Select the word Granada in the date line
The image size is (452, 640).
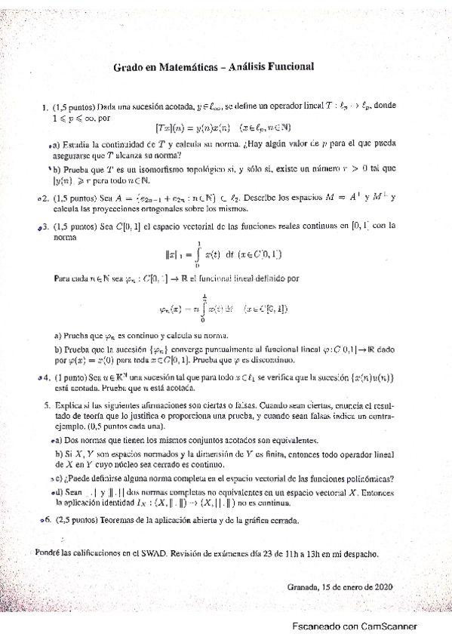click(303, 587)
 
